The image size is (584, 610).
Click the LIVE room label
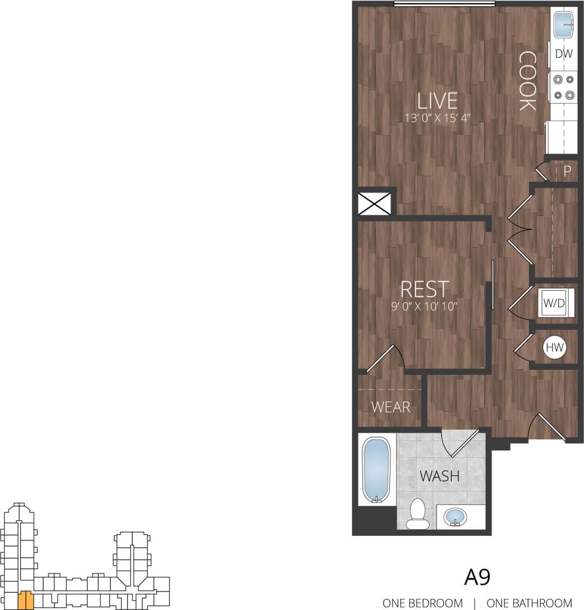[x=438, y=100]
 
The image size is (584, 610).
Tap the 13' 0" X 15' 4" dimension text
[x=438, y=118]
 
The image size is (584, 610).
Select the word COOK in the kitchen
[x=527, y=81]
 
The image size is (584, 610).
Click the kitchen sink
[x=564, y=25]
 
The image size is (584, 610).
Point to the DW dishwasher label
[x=563, y=54]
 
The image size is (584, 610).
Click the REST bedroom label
[x=424, y=289]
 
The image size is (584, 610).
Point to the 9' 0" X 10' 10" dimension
[x=424, y=306]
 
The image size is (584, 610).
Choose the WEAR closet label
[x=391, y=407]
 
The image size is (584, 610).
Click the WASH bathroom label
[x=440, y=476]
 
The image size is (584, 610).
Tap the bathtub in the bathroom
[x=376, y=470]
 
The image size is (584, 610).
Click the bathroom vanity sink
[x=457, y=516]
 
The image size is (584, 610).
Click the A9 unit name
[x=478, y=576]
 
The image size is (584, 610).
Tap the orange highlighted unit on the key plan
[x=25, y=600]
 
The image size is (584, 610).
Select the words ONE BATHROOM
[x=528, y=603]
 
